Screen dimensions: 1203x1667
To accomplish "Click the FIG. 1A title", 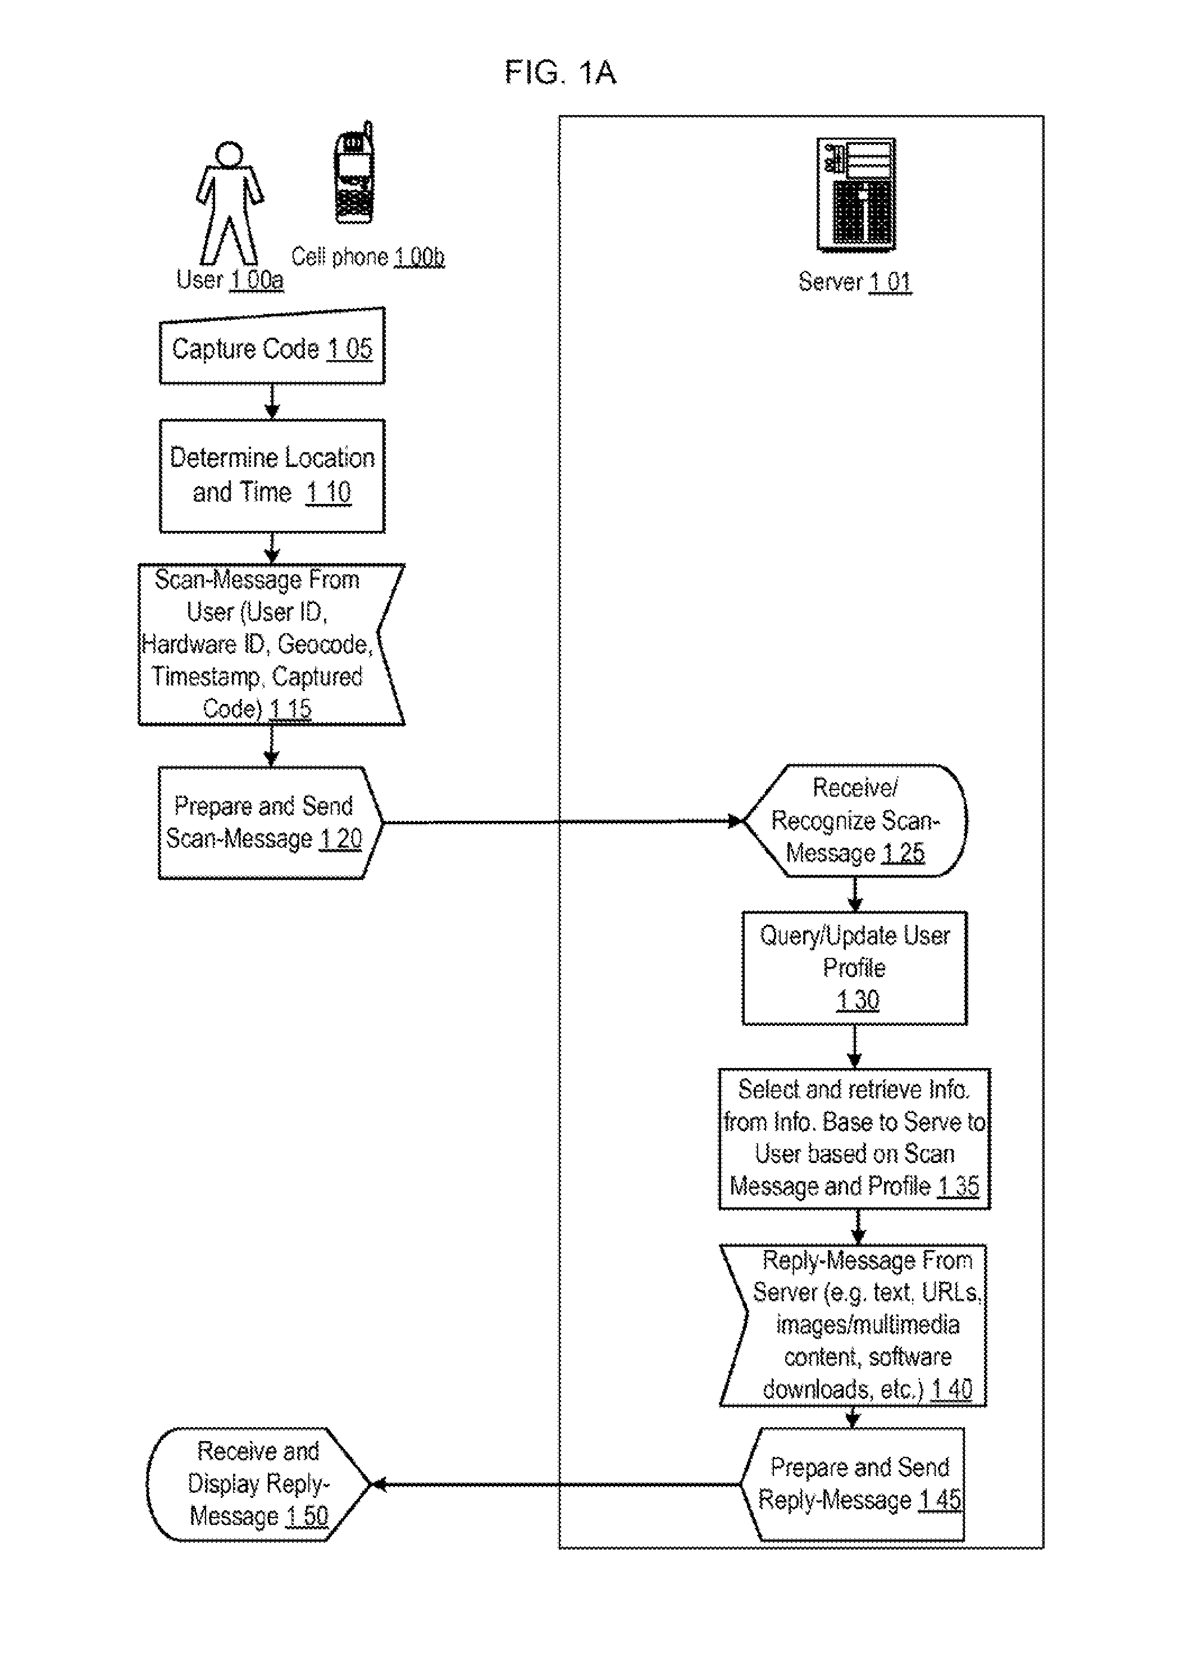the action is coord(560,72).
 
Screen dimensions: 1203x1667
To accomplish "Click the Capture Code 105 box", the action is coord(272,346).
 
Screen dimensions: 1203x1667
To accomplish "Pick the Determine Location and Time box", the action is coord(272,475).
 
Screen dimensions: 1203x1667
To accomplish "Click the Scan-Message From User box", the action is coord(271,644).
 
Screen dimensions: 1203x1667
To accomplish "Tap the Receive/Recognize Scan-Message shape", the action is coord(855,820).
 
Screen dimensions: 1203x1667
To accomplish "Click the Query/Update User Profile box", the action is coord(855,968).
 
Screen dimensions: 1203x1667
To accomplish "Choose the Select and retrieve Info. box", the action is coord(855,1138).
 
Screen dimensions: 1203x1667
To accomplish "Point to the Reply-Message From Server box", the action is coord(853,1325).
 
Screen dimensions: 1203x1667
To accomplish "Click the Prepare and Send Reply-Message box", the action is coord(853,1484).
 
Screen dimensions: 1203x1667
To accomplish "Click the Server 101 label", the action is coord(855,282).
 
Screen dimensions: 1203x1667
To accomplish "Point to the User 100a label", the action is coord(230,280).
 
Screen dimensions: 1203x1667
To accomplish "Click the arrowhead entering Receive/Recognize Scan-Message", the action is coord(735,821).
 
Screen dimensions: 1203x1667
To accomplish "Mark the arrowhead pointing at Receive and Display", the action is coord(379,1485).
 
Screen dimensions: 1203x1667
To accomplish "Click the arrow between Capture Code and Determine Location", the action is coord(272,401).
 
